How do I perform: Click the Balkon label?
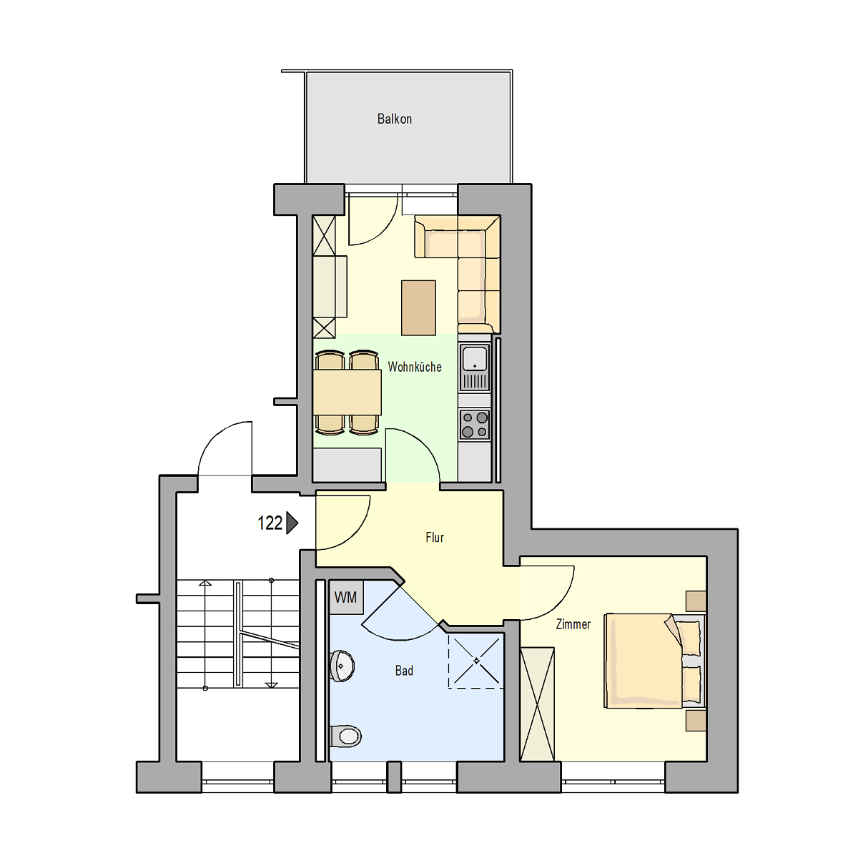(x=394, y=119)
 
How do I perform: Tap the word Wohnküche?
(x=415, y=367)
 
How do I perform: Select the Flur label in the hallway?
(x=435, y=538)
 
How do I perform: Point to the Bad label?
(x=404, y=671)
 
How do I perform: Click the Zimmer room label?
(x=573, y=624)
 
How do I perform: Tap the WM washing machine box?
(x=346, y=598)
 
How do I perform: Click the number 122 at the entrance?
(x=270, y=523)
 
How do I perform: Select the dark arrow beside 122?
(x=292, y=523)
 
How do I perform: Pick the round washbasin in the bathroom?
(x=342, y=666)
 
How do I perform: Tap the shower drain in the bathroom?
(x=476, y=661)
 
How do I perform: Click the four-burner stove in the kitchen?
(x=475, y=425)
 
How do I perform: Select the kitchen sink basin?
(x=475, y=358)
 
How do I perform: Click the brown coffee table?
(x=418, y=307)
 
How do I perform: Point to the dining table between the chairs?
(x=347, y=393)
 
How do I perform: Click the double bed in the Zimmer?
(x=654, y=661)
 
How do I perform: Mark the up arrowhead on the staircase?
(x=204, y=583)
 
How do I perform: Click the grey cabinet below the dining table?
(x=347, y=465)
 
